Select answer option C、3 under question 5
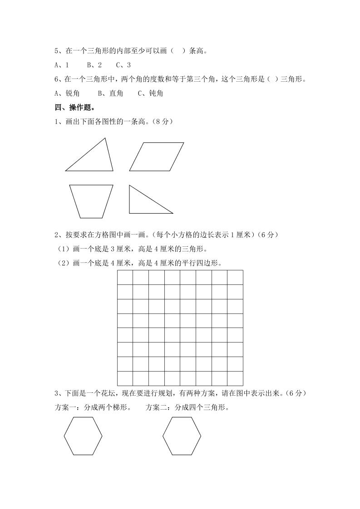coord(123,65)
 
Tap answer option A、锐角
coord(67,93)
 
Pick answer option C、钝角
coord(150,93)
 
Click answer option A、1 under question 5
coord(62,65)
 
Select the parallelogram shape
coord(157,157)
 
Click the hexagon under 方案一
coord(83,436)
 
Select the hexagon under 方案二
coord(182,436)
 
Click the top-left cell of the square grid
coord(125,277)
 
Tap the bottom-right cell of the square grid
coord(235,378)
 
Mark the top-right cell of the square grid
coord(235,277)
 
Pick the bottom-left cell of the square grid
coord(125,378)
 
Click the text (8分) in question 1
coord(163,122)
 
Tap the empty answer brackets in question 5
coord(177,51)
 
